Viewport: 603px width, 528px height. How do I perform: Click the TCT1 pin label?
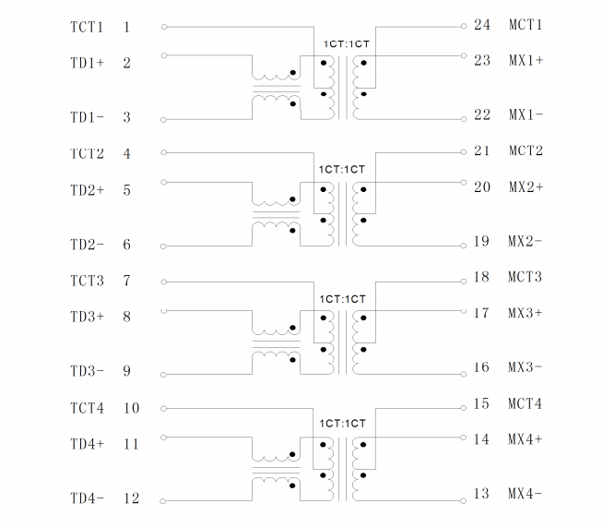coord(87,27)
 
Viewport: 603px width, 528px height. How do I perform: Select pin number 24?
coord(482,25)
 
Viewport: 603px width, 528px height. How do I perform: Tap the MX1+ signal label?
coord(526,61)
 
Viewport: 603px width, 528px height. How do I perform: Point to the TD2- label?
coord(87,245)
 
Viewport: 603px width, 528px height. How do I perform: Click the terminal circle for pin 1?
coord(164,27)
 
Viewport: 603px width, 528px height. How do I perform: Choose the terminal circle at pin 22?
coord(464,119)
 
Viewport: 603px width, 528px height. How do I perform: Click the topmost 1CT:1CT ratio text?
coord(346,44)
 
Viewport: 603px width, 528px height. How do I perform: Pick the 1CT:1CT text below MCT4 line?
coord(342,424)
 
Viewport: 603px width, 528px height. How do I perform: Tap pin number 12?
coord(131,498)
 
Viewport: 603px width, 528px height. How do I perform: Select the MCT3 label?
coord(525,277)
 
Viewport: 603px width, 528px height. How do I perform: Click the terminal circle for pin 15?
coord(464,408)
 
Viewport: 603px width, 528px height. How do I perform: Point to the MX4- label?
coord(525,493)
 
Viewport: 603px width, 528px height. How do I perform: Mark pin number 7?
coord(126,281)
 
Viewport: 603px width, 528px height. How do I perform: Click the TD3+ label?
coord(87,317)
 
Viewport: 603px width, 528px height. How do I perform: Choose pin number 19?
coord(481,242)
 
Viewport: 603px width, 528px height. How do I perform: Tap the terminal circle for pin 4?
coord(164,153)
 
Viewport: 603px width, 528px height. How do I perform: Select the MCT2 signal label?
coord(526,150)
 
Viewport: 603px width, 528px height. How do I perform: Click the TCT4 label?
coord(87,408)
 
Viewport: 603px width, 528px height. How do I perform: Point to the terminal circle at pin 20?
coord(464,182)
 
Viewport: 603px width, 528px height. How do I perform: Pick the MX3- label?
coord(525,367)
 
